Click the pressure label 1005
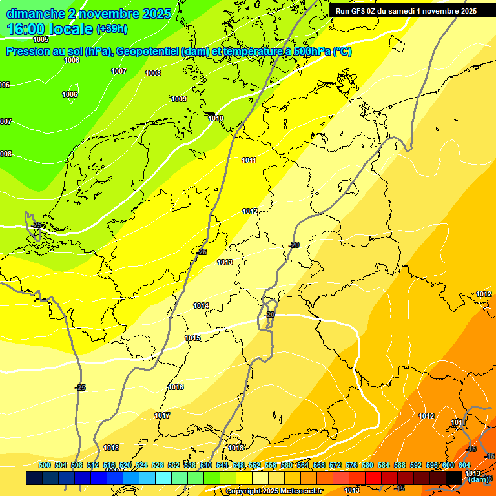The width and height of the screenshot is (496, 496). pos(41,39)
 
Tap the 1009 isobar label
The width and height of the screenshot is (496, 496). pos(179,99)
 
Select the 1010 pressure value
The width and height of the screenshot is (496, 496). pos(216,119)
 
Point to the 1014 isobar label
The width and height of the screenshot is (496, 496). pos(201,305)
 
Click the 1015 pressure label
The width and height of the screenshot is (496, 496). pos(192,338)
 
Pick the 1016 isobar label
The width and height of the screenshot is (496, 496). pos(176,387)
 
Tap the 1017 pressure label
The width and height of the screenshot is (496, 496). pos(162,415)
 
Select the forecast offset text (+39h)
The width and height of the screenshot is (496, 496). pos(112,29)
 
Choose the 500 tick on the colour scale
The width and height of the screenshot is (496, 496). pos(45,465)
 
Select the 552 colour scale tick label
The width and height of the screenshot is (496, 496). pos(254,465)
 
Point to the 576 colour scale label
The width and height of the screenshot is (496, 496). pos(351,465)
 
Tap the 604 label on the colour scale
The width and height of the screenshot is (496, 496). pos(464,465)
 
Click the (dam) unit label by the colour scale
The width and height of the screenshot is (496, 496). pos(479,479)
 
